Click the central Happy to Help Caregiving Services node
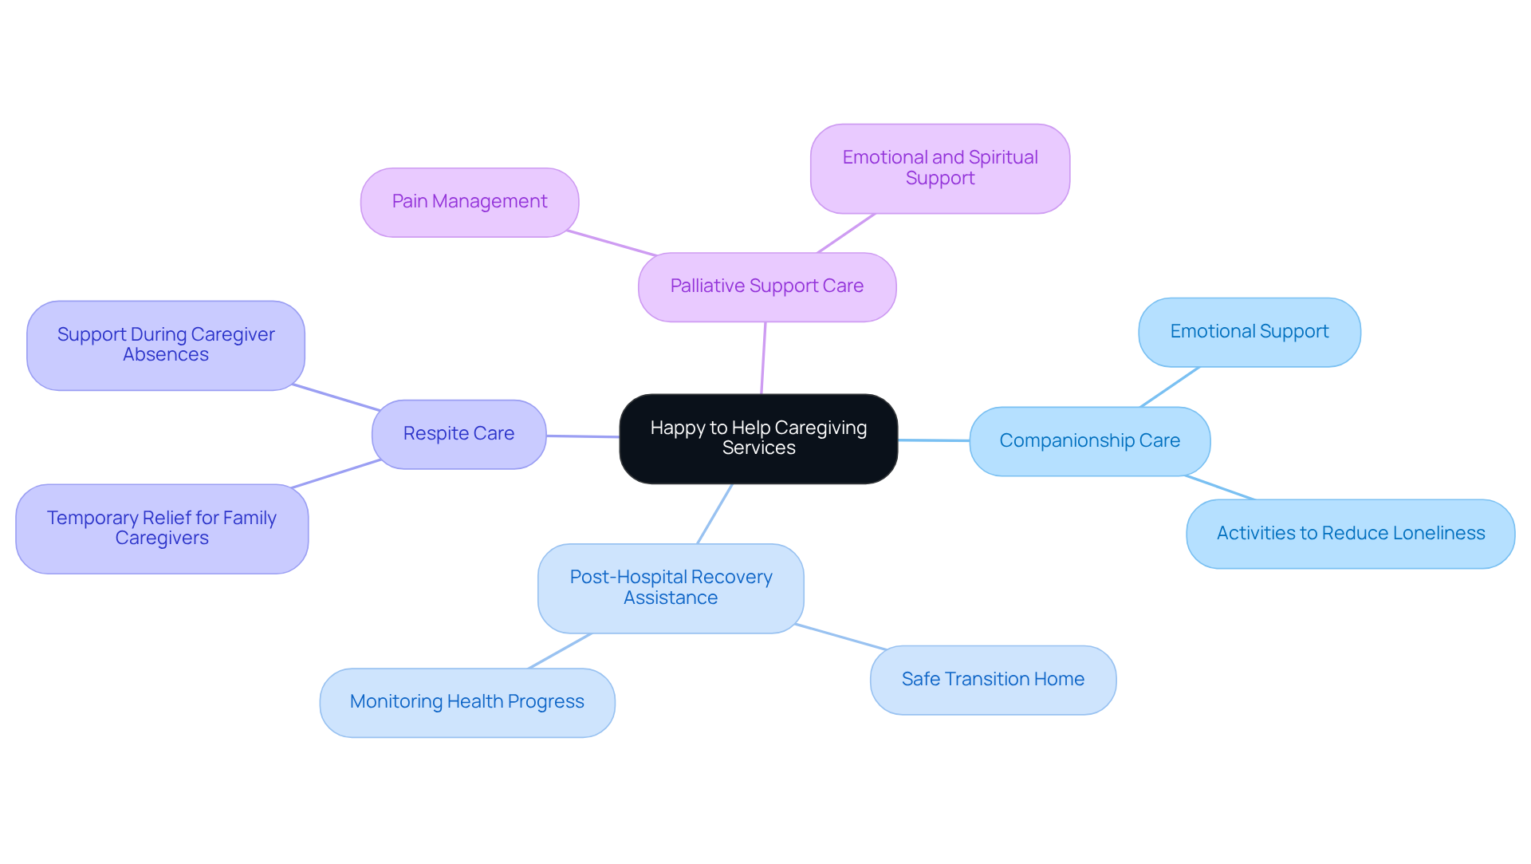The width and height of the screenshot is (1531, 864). click(758, 438)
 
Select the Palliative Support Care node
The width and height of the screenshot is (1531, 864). click(766, 286)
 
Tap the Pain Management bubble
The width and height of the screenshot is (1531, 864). click(469, 202)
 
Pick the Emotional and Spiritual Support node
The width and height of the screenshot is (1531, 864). click(939, 168)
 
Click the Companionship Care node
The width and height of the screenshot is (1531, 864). click(1089, 441)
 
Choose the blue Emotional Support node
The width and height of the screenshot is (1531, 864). click(1249, 332)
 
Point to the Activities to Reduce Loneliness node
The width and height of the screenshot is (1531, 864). click(1350, 534)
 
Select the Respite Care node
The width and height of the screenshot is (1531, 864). click(459, 434)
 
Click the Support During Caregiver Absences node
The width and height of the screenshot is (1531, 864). click(166, 345)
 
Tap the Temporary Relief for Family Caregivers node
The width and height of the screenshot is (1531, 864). click(162, 528)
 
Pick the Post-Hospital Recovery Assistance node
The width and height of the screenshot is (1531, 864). click(671, 588)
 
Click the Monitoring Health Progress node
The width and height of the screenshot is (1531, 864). click(466, 702)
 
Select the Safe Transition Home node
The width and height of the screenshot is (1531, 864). click(993, 680)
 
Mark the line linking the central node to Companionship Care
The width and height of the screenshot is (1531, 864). click(934, 440)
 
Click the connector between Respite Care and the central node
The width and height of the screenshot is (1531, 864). click(583, 436)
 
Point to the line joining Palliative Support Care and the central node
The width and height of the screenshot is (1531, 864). click(763, 358)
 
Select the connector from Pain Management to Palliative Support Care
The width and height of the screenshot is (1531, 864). click(612, 243)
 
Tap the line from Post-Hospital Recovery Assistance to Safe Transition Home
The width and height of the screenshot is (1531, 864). click(840, 637)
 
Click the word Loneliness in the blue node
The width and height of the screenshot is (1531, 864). click(1442, 534)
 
